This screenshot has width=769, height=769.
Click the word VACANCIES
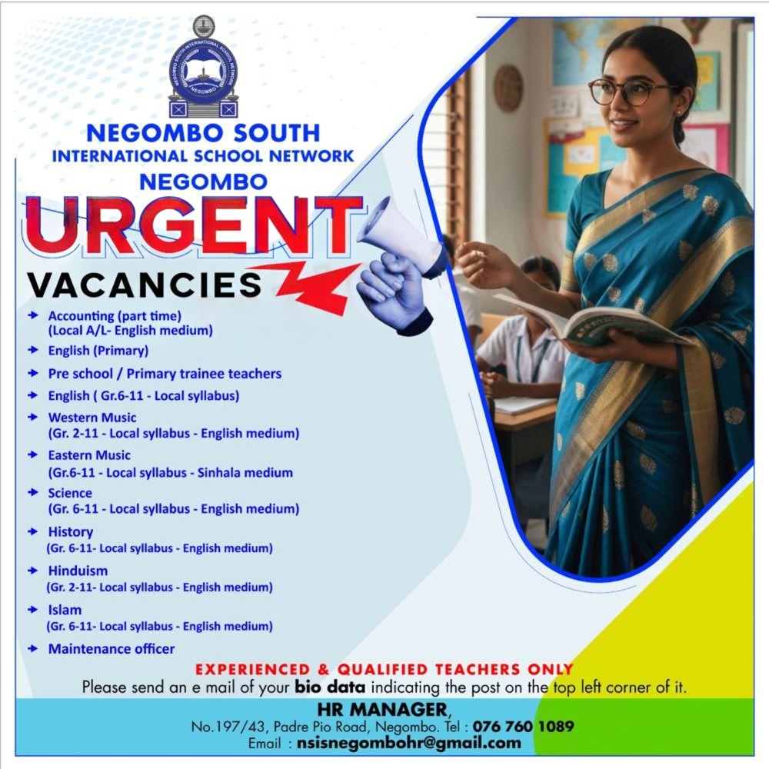[145, 285]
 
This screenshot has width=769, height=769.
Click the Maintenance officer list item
[112, 649]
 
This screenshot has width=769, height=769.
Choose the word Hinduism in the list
[78, 571]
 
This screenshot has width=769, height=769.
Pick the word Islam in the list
[65, 610]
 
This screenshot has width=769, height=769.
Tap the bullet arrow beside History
[32, 531]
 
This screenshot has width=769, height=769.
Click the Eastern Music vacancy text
[89, 455]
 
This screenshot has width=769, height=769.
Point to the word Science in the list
[70, 493]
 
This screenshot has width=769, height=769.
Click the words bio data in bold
[330, 687]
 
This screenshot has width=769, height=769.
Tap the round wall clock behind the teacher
[508, 88]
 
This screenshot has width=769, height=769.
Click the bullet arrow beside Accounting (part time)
[32, 315]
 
